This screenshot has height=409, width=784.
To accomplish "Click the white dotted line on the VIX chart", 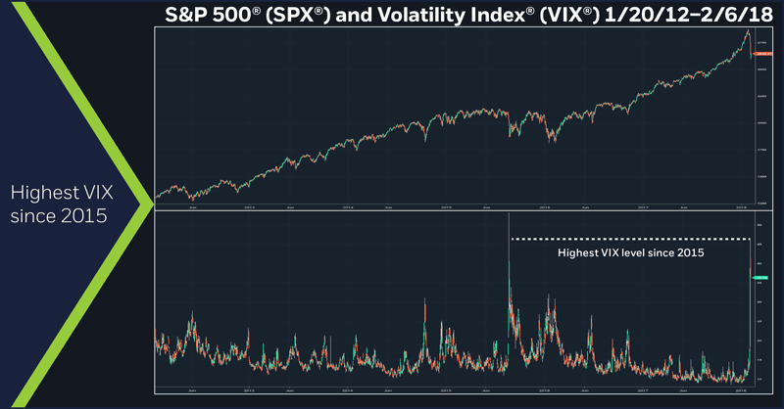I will coord(627,239).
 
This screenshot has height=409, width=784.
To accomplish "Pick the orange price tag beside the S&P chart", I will coord(759,56).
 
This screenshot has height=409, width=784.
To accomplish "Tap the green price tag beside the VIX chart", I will coord(759,279).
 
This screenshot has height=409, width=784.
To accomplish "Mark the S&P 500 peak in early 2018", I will coord(747,31).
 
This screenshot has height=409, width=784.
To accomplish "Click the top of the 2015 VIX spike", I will coord(510,241).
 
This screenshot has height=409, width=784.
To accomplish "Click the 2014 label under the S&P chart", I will coord(347,206).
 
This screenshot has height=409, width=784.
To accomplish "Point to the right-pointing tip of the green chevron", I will coord(154,199).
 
